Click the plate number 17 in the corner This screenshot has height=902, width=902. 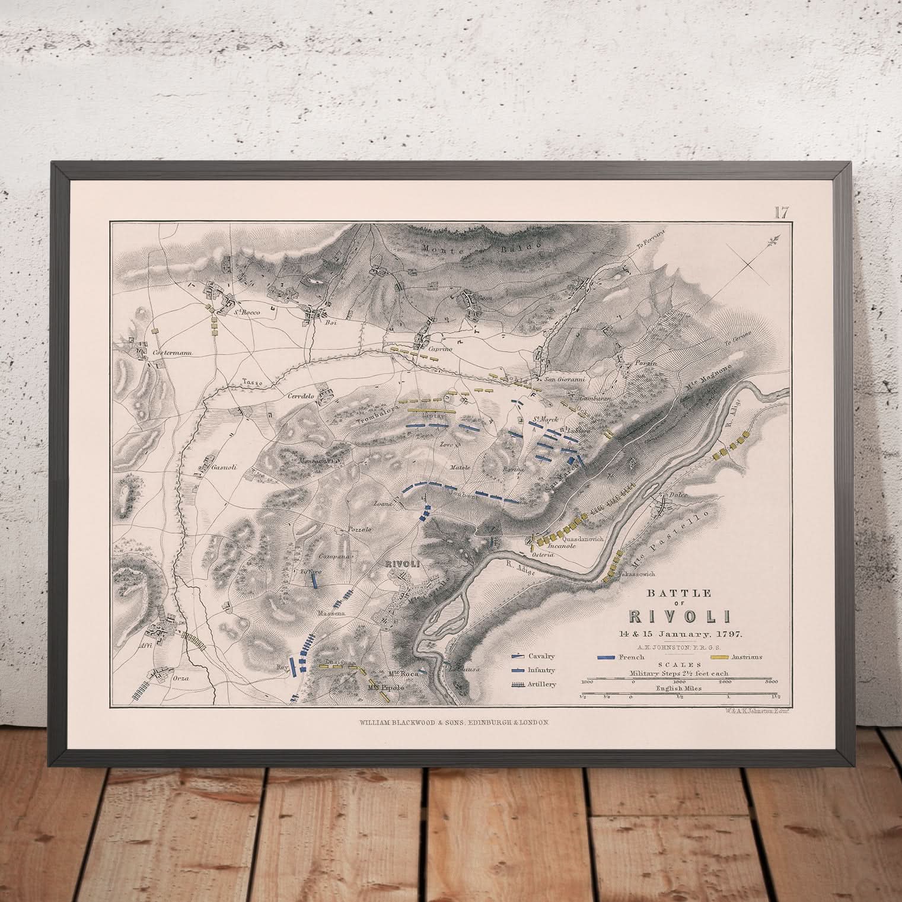click(x=780, y=212)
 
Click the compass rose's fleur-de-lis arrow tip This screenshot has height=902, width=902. click(x=773, y=240)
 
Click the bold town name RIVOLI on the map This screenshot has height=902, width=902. click(x=395, y=563)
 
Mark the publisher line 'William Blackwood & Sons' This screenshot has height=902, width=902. click(x=456, y=723)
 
